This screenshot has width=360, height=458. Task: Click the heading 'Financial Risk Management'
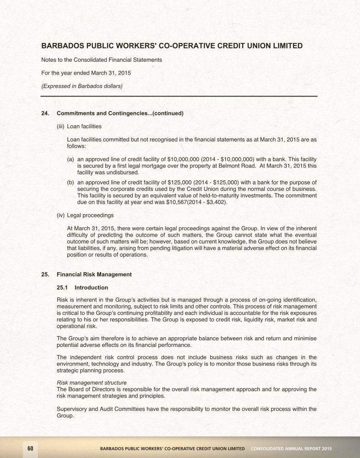tap(94, 275)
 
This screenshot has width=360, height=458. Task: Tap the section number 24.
tap(45, 113)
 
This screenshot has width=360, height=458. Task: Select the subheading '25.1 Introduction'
tap(82, 288)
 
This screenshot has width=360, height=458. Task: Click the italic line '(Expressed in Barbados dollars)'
tap(82, 86)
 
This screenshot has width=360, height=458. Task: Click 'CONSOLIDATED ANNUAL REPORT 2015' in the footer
tap(291, 448)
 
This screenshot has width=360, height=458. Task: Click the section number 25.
tap(45, 275)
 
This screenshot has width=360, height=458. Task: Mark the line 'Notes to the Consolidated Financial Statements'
tap(101, 60)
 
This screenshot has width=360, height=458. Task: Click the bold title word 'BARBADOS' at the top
tap(64, 46)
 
